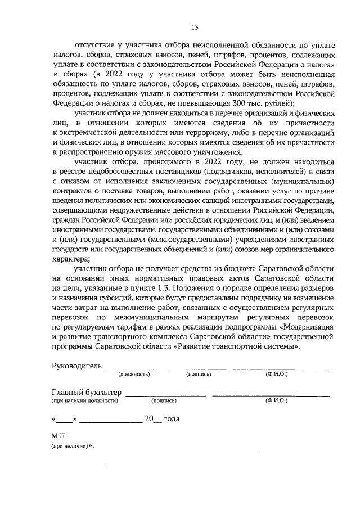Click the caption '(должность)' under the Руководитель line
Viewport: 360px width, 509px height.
point(134,374)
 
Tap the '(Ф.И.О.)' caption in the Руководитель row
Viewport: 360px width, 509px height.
point(276,374)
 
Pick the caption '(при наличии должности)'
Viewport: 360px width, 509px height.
point(84,401)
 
